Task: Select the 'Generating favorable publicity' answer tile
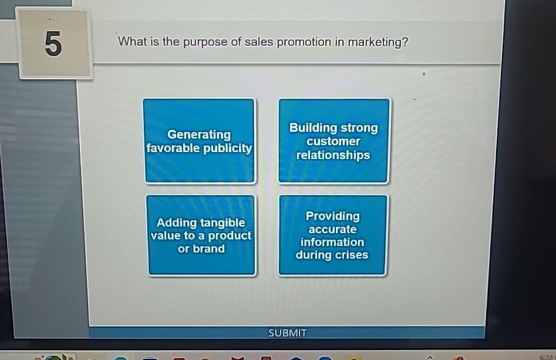(199, 141)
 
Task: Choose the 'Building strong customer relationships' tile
(333, 141)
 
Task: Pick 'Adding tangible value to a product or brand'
(201, 235)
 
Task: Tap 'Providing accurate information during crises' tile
(332, 235)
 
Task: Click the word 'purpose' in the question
(210, 43)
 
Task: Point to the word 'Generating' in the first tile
(199, 134)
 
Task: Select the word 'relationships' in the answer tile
(333, 155)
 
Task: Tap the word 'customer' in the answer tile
(333, 142)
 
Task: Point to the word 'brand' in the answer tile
(209, 248)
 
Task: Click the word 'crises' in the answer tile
(351, 255)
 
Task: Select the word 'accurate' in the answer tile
(332, 229)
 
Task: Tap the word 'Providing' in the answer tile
(332, 216)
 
